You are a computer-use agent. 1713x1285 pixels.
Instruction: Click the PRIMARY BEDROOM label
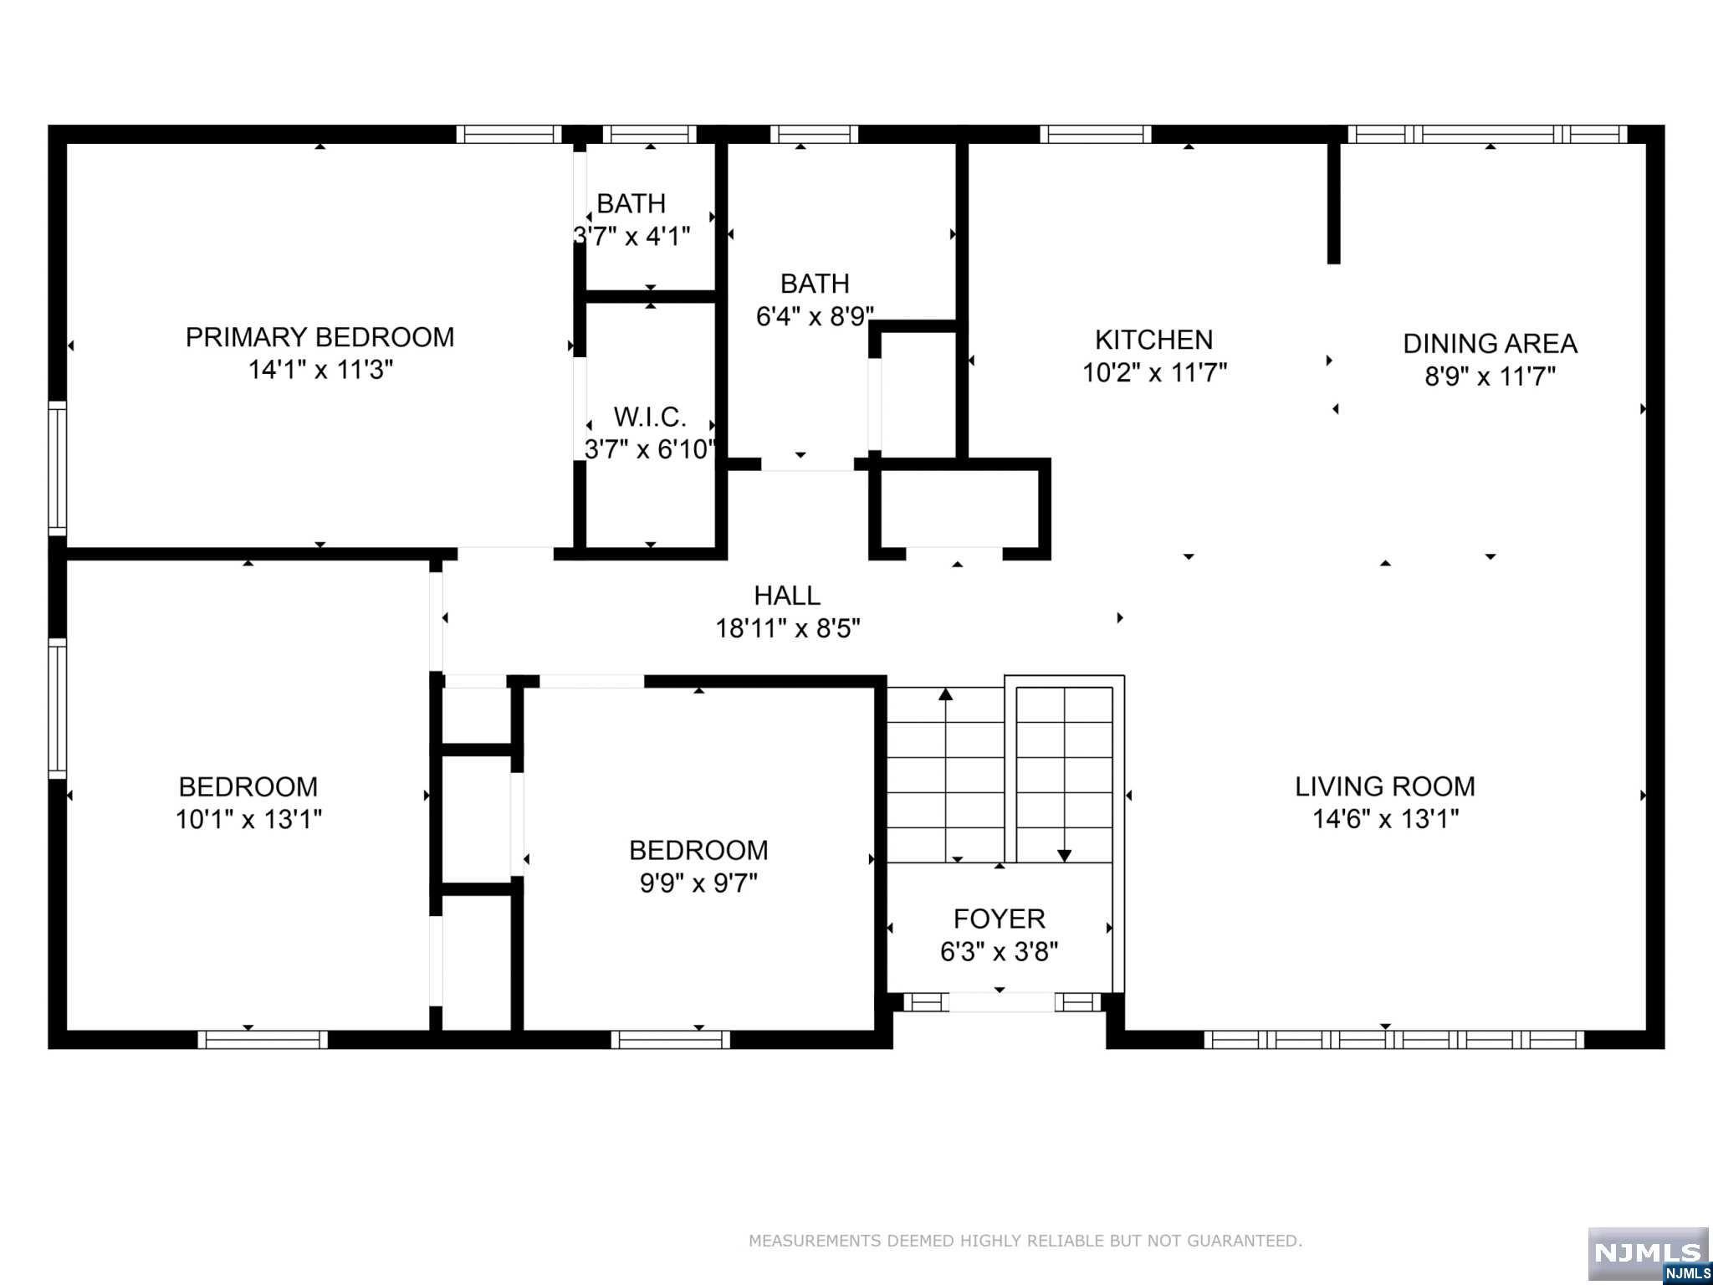(x=320, y=337)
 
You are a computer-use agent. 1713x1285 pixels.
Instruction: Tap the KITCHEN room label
(x=1153, y=340)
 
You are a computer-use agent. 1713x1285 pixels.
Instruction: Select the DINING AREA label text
(x=1490, y=344)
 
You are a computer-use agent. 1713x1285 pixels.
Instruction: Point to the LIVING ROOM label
(x=1385, y=786)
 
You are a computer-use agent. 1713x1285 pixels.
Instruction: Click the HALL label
(x=787, y=596)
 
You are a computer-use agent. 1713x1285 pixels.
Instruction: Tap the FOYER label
(x=1000, y=919)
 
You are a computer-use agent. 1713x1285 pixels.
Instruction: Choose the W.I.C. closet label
(x=650, y=417)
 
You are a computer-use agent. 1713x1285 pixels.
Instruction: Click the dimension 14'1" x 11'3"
(x=320, y=370)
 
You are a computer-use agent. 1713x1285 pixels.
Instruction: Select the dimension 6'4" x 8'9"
(x=816, y=316)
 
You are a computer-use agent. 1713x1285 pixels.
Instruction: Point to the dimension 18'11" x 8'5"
(x=787, y=628)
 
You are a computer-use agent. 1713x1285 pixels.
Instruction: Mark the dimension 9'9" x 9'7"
(x=698, y=883)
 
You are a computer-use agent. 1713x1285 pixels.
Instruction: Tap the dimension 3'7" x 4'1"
(x=632, y=236)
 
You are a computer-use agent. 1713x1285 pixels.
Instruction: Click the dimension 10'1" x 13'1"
(x=248, y=819)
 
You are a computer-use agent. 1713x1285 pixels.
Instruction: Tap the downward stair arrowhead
(x=1064, y=856)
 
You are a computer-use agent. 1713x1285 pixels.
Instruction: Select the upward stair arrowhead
(x=946, y=694)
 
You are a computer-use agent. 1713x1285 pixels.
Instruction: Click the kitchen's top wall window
(x=1096, y=134)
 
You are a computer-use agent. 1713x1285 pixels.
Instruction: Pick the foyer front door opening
(x=1000, y=1001)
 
